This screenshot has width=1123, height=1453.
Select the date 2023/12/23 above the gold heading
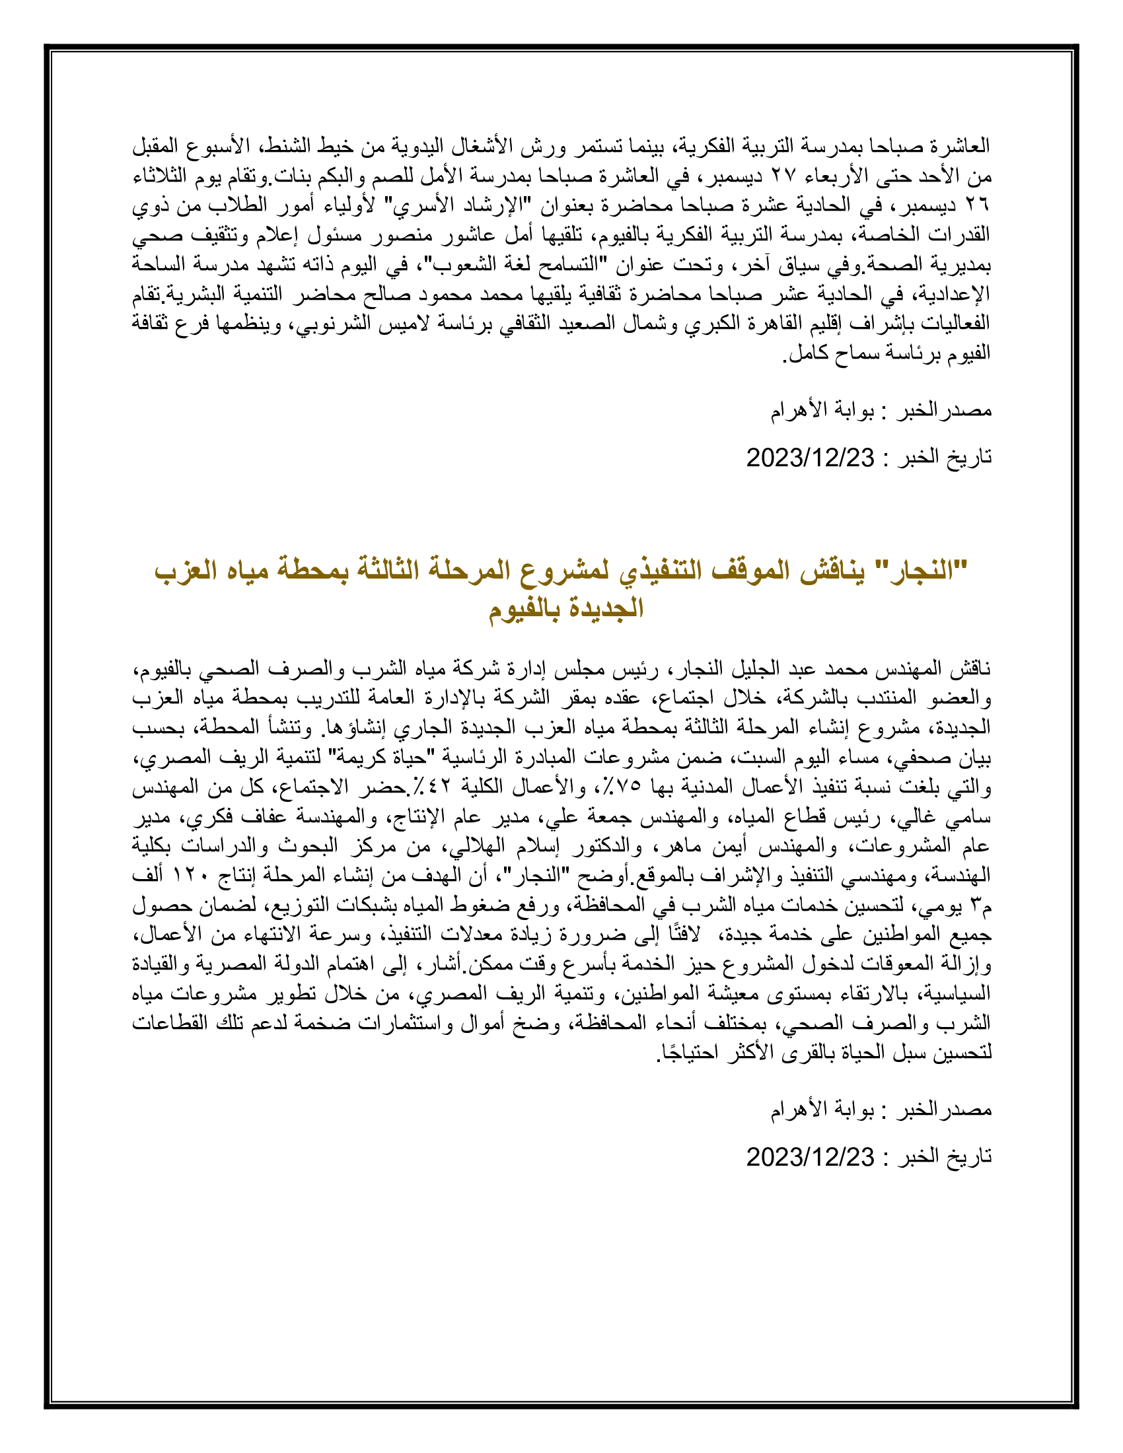click(810, 458)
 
